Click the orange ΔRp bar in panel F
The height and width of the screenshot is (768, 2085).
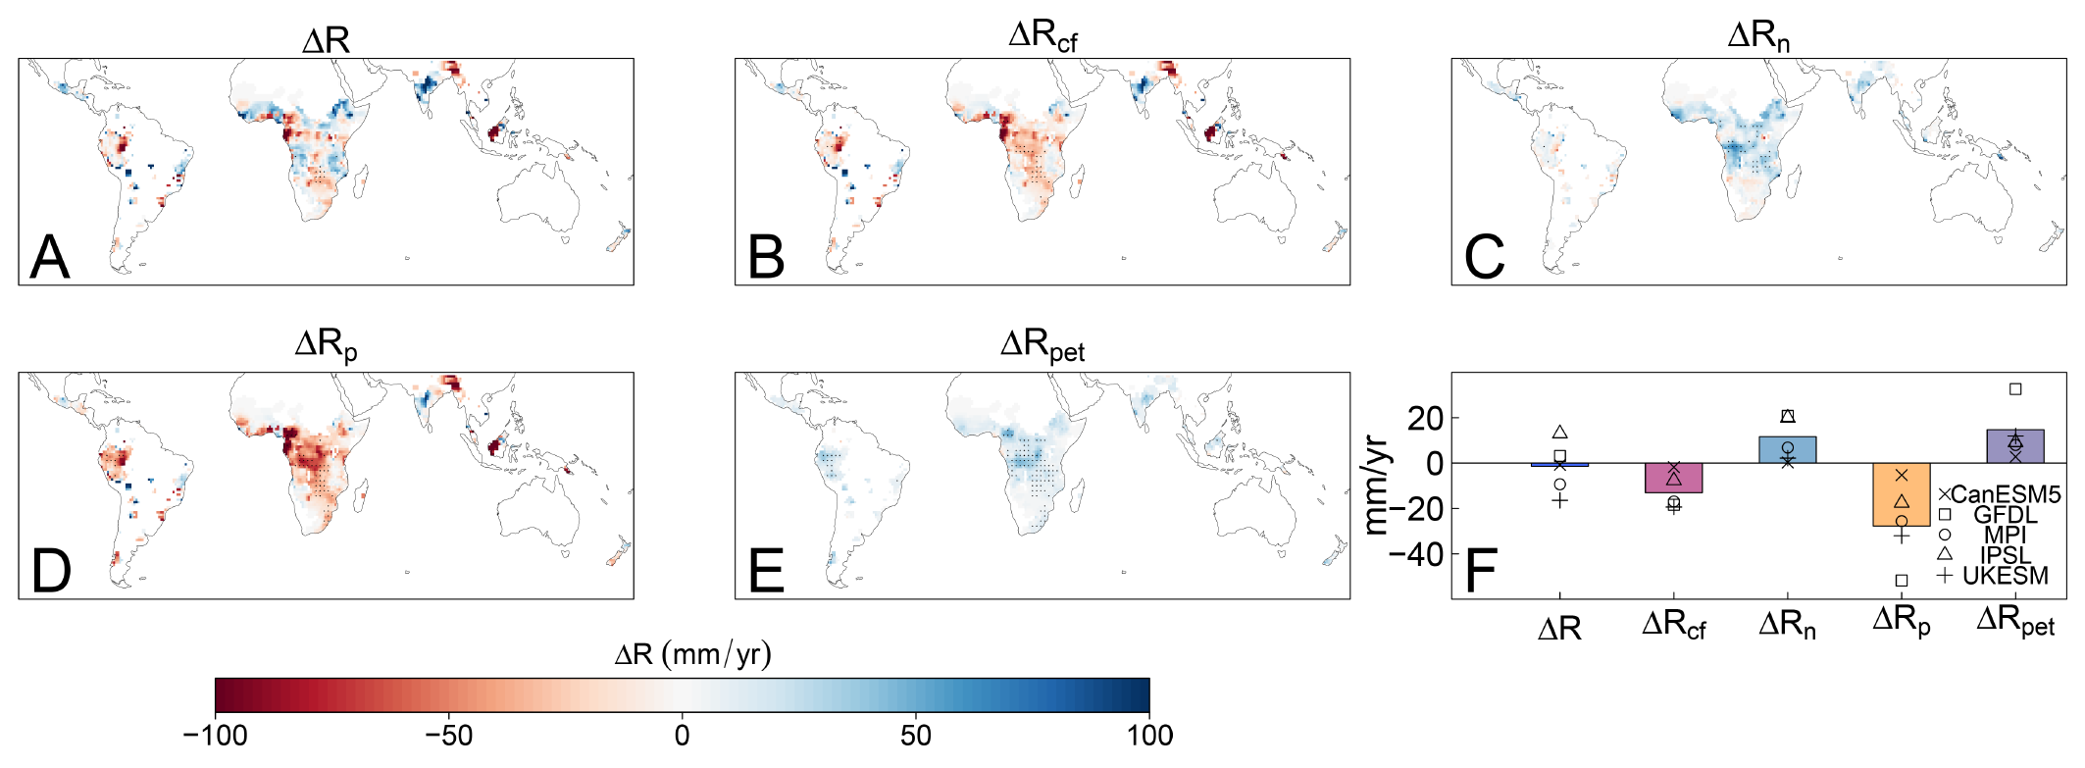(1901, 494)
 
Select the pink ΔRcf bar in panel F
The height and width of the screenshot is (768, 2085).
(1673, 478)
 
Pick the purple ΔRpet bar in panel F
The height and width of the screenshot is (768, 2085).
(2015, 446)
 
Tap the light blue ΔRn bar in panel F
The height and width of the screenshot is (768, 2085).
(1787, 449)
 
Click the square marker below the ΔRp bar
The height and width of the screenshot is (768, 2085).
(1902, 581)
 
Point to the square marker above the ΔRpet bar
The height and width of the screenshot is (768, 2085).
(2015, 389)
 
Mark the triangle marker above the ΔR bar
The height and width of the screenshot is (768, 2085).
(1559, 433)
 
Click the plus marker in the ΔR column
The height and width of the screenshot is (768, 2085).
(1559, 501)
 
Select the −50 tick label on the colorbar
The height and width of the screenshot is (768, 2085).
(448, 736)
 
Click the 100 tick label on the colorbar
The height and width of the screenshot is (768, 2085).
(1149, 736)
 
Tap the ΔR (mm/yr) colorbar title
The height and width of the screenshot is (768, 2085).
(692, 654)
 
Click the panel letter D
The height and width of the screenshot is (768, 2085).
(51, 571)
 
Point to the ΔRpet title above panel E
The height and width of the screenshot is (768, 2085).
(1042, 345)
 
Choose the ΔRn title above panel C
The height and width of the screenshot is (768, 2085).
(1758, 36)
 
